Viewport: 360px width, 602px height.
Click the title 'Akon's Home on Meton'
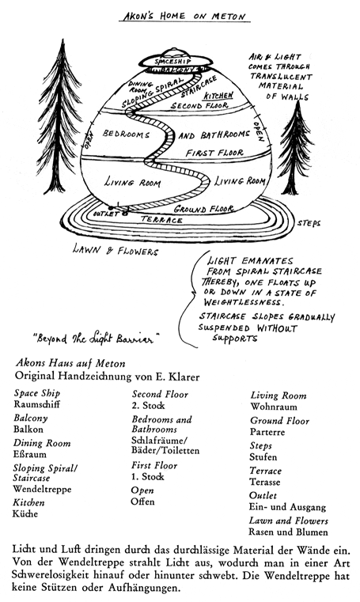pyautogui.click(x=184, y=16)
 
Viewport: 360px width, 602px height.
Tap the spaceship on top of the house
pyautogui.click(x=176, y=59)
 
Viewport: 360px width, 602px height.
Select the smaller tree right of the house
pyautogui.click(x=295, y=148)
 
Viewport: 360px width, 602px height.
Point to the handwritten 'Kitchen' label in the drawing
pyautogui.click(x=218, y=95)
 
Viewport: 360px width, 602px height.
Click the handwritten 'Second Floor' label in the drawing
pyautogui.click(x=199, y=105)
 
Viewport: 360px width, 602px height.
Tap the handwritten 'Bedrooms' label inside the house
pyautogui.click(x=126, y=134)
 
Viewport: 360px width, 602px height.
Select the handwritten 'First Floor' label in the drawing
pyautogui.click(x=214, y=153)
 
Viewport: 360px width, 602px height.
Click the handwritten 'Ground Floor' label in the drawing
pyautogui.click(x=203, y=209)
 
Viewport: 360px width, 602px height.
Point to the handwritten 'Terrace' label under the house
pyautogui.click(x=161, y=220)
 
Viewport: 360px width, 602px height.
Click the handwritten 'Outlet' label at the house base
pyautogui.click(x=105, y=214)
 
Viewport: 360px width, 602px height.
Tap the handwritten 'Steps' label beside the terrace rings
pyautogui.click(x=309, y=223)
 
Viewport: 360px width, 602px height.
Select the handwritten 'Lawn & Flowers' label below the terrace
pyautogui.click(x=116, y=250)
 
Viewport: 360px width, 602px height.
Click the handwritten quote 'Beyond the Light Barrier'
pyautogui.click(x=96, y=339)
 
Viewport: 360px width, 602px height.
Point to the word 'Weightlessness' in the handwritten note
pyautogui.click(x=242, y=302)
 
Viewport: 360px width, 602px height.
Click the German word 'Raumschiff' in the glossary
pyautogui.click(x=37, y=404)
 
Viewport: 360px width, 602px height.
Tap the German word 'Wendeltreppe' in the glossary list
pyautogui.click(x=42, y=489)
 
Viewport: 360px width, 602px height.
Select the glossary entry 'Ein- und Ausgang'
pyautogui.click(x=287, y=507)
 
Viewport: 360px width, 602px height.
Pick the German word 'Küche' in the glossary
pyautogui.click(x=25, y=513)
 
